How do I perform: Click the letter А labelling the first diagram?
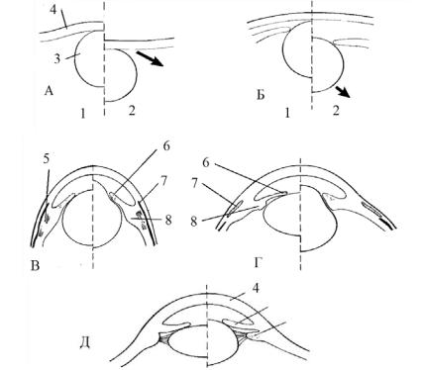click(x=49, y=91)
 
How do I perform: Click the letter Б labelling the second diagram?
click(x=261, y=95)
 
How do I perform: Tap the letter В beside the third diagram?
click(x=35, y=265)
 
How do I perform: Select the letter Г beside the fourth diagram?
click(x=259, y=263)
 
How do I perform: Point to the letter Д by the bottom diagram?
click(x=85, y=343)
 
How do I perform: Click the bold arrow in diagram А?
click(x=150, y=58)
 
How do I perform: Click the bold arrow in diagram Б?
click(x=343, y=91)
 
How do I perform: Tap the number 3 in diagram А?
click(x=57, y=59)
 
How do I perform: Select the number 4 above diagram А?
click(x=53, y=10)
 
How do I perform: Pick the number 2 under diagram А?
click(x=132, y=111)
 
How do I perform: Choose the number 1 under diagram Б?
click(x=287, y=114)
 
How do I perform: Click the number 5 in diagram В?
click(x=46, y=159)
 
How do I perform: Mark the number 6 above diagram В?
click(x=166, y=145)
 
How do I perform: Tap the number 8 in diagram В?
click(x=168, y=220)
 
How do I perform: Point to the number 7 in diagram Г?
click(x=195, y=183)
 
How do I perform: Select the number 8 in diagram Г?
click(x=194, y=222)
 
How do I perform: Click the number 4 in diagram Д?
click(x=256, y=288)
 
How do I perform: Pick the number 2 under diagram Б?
click(x=336, y=111)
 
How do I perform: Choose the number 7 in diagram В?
click(x=164, y=180)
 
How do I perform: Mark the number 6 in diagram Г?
click(x=206, y=163)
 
